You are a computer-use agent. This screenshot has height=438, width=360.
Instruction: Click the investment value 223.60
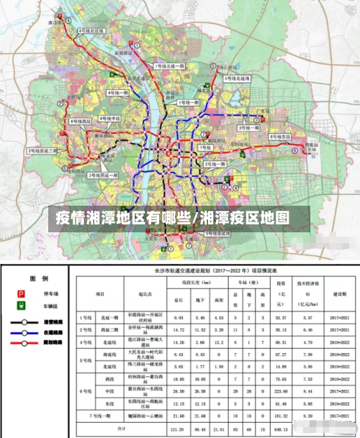coord(280,391)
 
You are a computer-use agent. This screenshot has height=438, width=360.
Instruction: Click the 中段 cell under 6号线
coord(109,391)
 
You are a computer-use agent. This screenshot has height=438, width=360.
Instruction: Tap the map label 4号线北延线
coord(92,32)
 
